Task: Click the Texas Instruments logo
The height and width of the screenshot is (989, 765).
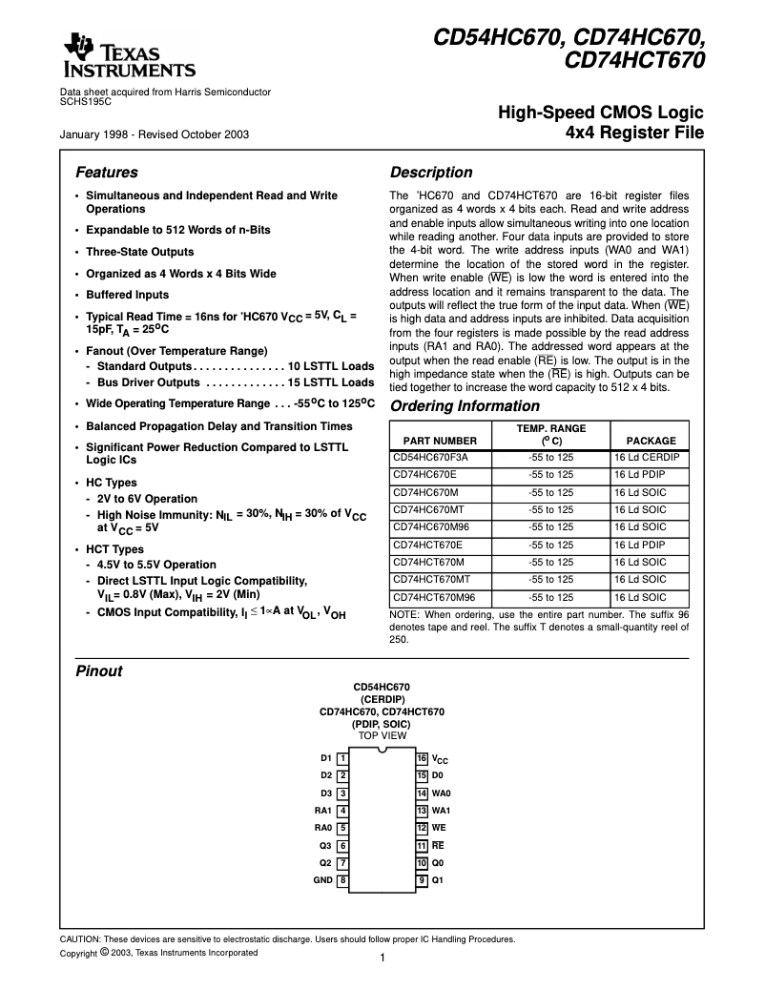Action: (128, 56)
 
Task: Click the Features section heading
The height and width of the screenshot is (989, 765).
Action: (106, 173)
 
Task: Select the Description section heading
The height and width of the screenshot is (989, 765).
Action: (431, 173)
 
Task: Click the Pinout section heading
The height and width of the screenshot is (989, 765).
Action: (98, 671)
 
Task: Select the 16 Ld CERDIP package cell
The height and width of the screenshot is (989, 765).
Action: (647, 458)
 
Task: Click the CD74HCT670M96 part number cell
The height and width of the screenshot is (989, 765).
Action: (434, 597)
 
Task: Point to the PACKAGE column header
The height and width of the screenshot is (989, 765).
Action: (651, 441)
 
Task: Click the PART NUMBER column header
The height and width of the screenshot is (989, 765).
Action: (440, 441)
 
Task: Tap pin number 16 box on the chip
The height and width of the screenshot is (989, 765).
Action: (422, 758)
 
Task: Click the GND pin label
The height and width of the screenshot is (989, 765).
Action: (322, 880)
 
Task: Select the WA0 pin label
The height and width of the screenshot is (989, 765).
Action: (441, 793)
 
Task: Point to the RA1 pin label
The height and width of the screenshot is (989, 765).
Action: (322, 811)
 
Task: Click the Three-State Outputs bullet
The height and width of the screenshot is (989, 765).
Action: (139, 252)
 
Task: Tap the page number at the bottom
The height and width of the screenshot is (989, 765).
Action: (382, 958)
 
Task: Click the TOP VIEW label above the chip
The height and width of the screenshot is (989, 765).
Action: (382, 735)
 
